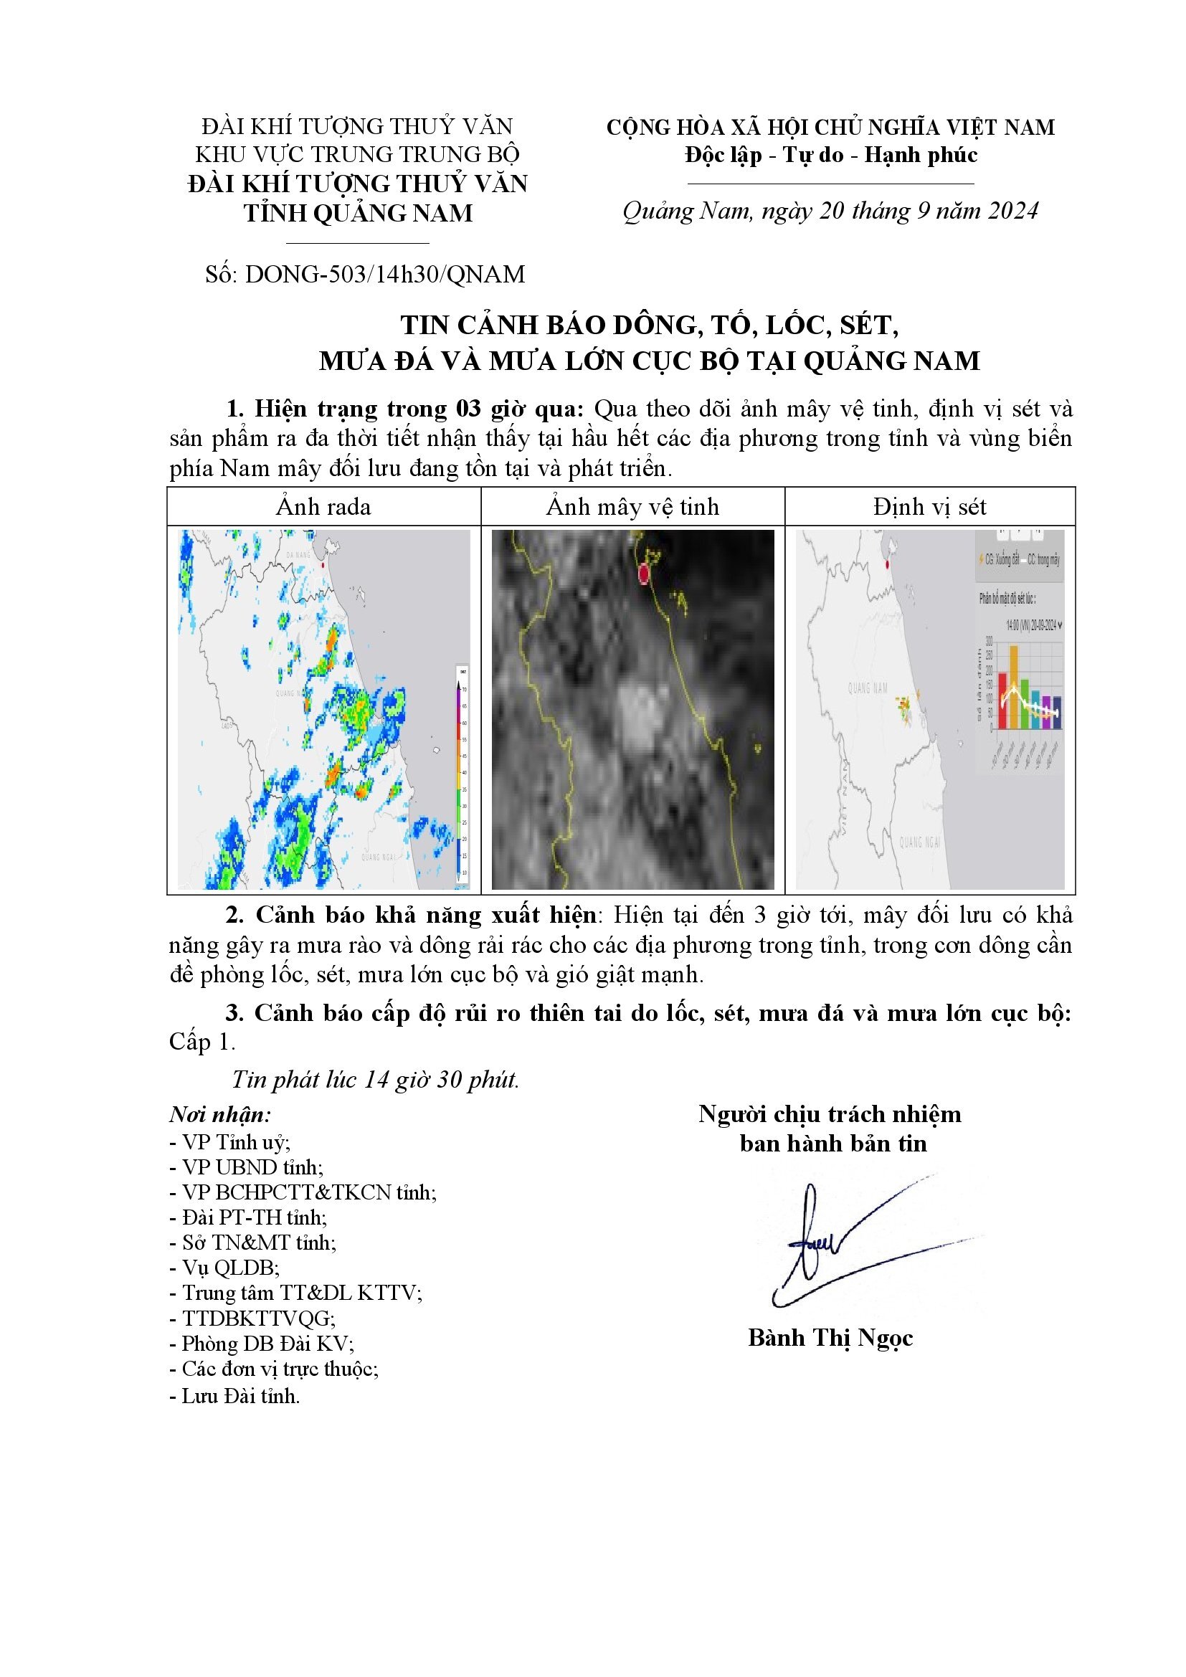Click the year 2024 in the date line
tap(1011, 211)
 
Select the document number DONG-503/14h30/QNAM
tap(385, 275)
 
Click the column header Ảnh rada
tap(323, 507)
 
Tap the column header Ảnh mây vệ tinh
tap(632, 507)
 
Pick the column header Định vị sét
tap(930, 507)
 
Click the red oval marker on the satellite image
tap(643, 574)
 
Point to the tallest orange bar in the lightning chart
tap(1014, 687)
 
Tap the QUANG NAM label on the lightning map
tap(868, 688)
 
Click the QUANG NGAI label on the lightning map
tap(919, 842)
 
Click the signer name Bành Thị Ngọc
tap(830, 1337)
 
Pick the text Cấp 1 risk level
tap(201, 1042)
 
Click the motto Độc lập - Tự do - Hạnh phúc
tap(831, 155)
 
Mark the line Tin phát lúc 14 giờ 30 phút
tap(375, 1080)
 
